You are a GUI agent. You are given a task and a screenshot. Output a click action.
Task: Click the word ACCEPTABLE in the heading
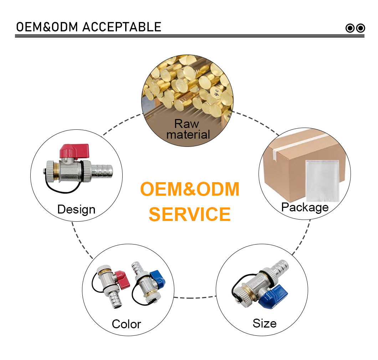[x=122, y=27]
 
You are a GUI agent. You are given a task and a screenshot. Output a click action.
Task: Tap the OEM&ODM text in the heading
[x=47, y=27]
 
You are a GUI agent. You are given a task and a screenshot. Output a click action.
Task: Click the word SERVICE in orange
[x=190, y=214]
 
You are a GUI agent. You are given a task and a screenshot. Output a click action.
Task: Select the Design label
[x=76, y=209]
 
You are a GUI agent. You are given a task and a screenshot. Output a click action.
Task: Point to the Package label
[x=305, y=207]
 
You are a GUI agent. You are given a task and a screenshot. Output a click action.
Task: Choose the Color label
[x=126, y=324]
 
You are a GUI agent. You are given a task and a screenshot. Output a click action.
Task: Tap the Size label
[x=265, y=323]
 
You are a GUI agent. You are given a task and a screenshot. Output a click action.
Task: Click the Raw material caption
[x=188, y=129]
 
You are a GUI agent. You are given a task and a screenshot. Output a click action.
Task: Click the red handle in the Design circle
[x=75, y=151]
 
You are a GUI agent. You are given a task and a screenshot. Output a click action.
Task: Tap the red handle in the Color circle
[x=122, y=279]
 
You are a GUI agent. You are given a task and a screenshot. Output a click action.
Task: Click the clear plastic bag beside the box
[x=322, y=181]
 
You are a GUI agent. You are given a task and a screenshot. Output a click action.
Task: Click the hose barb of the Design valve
[x=102, y=171]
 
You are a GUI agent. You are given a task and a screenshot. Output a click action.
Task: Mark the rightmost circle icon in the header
[x=361, y=28]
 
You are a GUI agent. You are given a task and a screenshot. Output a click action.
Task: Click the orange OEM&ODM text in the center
[x=190, y=189]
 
